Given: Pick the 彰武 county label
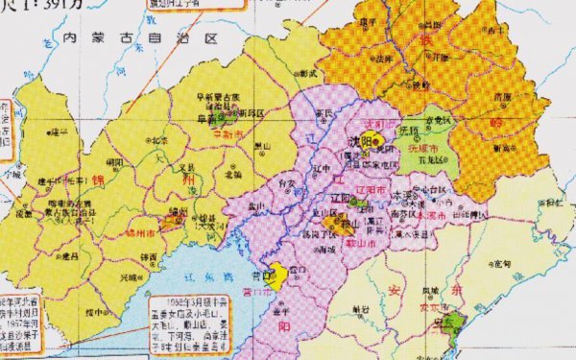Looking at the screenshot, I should [306, 73].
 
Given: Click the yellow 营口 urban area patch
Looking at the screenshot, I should [276, 276].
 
